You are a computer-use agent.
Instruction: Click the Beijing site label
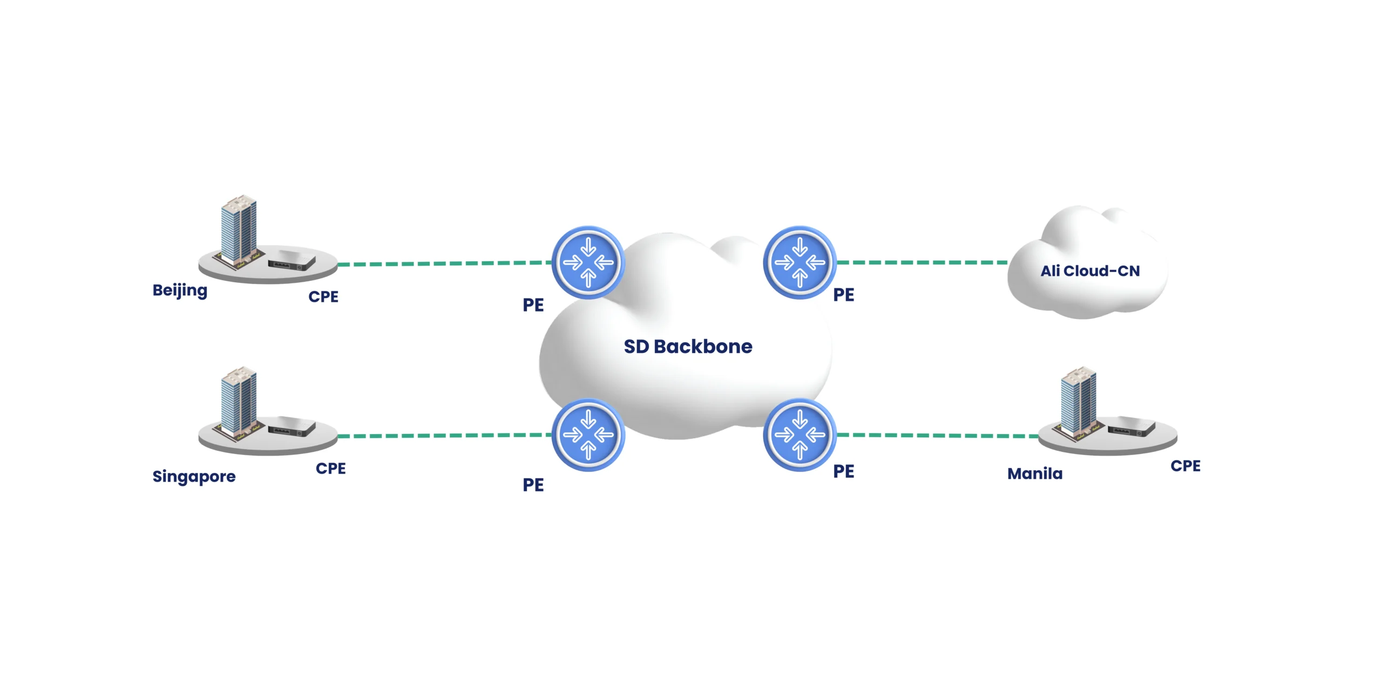tap(180, 291)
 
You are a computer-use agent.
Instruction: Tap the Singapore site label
tap(194, 476)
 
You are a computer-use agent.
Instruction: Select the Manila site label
tap(1034, 474)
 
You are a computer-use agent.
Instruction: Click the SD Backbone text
tap(688, 347)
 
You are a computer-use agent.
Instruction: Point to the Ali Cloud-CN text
tap(1090, 271)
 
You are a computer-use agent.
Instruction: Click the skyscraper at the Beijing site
tap(239, 229)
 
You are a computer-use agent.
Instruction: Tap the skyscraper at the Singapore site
tap(239, 401)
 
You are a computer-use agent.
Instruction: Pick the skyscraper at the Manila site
tap(1078, 401)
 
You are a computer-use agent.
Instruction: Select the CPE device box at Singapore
tap(292, 427)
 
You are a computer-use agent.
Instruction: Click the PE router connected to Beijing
tap(588, 263)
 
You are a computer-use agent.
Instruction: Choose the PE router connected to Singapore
tap(588, 435)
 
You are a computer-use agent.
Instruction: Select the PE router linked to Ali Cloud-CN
tap(800, 263)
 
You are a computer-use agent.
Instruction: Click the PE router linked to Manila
tap(800, 435)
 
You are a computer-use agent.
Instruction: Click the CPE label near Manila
tap(1185, 466)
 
